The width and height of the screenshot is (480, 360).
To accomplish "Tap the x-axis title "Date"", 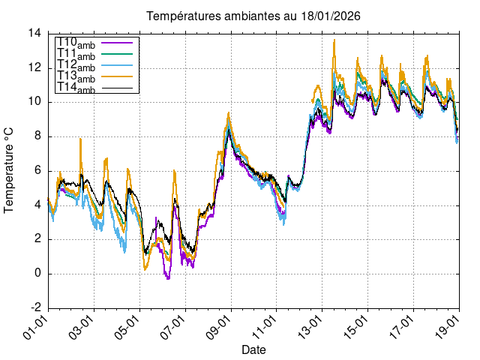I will click(x=253, y=349).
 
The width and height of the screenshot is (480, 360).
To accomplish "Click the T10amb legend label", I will click(x=76, y=43).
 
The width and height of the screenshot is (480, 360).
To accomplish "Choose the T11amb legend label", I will click(x=76, y=55).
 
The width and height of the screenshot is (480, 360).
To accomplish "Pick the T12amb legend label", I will click(x=76, y=66).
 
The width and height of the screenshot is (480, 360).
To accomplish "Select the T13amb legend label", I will click(x=76, y=77).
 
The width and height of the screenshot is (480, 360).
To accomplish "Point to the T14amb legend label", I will click(x=76, y=88).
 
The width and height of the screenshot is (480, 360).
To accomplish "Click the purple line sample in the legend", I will click(x=116, y=43).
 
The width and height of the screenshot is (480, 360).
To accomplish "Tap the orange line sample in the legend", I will click(x=116, y=76).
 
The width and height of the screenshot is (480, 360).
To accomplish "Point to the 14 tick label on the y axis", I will click(x=34, y=34).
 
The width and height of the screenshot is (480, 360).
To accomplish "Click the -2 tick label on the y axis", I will click(x=35, y=307).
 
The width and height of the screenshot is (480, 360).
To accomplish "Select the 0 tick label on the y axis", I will click(x=38, y=274).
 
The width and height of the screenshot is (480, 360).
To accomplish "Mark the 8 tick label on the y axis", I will click(x=38, y=136).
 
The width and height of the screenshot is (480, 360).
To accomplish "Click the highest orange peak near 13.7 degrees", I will click(x=334, y=40).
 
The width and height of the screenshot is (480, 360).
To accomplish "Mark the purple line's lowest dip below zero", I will click(x=168, y=279).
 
